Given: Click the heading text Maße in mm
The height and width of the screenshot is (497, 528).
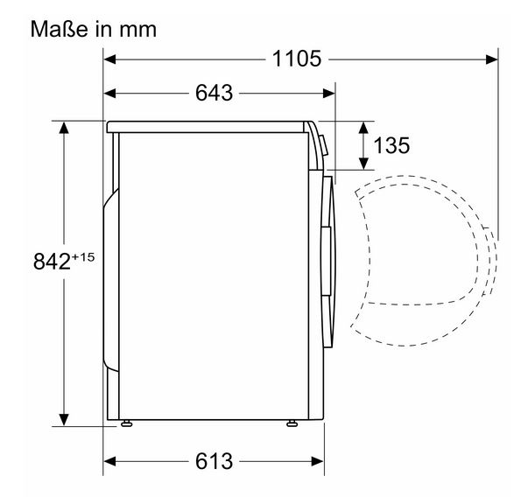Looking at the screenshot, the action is coord(94,29).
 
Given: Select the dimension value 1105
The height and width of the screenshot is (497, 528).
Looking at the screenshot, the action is coord(297,59).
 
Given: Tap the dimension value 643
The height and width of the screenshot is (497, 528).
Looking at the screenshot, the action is coord(215,93).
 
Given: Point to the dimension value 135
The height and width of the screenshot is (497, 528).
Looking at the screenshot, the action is coord(391,145).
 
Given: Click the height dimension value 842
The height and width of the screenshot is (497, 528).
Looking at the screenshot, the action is coord(52,262).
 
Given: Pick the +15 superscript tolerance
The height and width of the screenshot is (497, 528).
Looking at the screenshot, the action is coord(83,257).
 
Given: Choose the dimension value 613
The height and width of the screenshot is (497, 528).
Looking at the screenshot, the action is coord(215,461).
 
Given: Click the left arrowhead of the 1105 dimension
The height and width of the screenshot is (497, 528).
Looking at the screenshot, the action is coord(109,59).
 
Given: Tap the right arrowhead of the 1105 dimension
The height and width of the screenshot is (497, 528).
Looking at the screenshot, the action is coord(491,59).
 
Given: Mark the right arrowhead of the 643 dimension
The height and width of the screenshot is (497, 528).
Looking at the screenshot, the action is coord(328,94).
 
